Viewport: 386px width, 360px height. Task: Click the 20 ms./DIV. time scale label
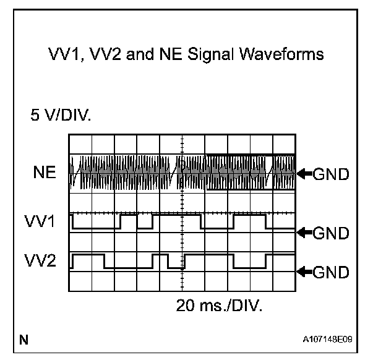tap(220, 307)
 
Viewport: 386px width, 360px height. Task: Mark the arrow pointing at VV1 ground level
tap(304, 232)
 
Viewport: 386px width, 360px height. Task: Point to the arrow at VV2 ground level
tap(304, 270)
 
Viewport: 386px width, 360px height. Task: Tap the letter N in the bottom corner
tap(24, 339)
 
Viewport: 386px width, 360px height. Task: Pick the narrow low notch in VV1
tap(145, 221)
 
